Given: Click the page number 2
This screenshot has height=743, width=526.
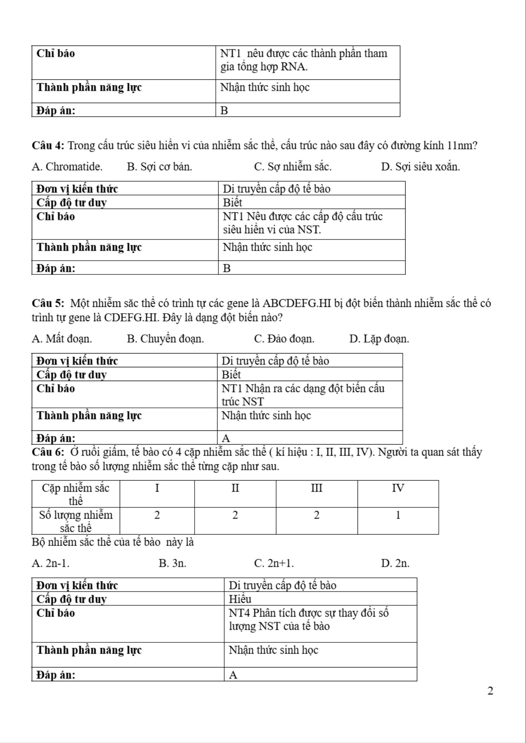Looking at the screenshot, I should (x=490, y=690).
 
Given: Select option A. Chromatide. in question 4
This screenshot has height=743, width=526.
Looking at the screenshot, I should (x=67, y=167).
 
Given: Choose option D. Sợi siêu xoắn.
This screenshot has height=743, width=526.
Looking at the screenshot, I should (x=420, y=167).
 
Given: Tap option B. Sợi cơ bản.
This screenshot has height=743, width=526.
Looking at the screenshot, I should (x=160, y=167).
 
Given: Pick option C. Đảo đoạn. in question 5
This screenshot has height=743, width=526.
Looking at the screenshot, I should (x=284, y=339).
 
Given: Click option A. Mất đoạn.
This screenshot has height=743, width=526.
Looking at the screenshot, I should (x=62, y=339).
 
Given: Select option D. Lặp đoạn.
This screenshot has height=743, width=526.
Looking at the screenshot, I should (x=379, y=339).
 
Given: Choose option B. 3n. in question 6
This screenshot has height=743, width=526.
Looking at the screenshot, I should (x=172, y=563).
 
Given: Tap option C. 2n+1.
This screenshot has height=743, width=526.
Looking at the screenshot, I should (x=274, y=563).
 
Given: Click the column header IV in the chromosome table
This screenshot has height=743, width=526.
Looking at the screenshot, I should (x=398, y=488).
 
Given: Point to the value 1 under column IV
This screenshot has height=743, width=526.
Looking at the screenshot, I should (x=398, y=515).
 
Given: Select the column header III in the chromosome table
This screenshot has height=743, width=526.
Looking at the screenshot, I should (x=316, y=488).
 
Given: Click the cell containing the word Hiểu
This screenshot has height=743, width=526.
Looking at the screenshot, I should (x=240, y=599).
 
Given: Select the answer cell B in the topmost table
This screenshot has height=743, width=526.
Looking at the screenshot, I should (x=225, y=111).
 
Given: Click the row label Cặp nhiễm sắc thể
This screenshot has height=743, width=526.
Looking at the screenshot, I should (x=76, y=494).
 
